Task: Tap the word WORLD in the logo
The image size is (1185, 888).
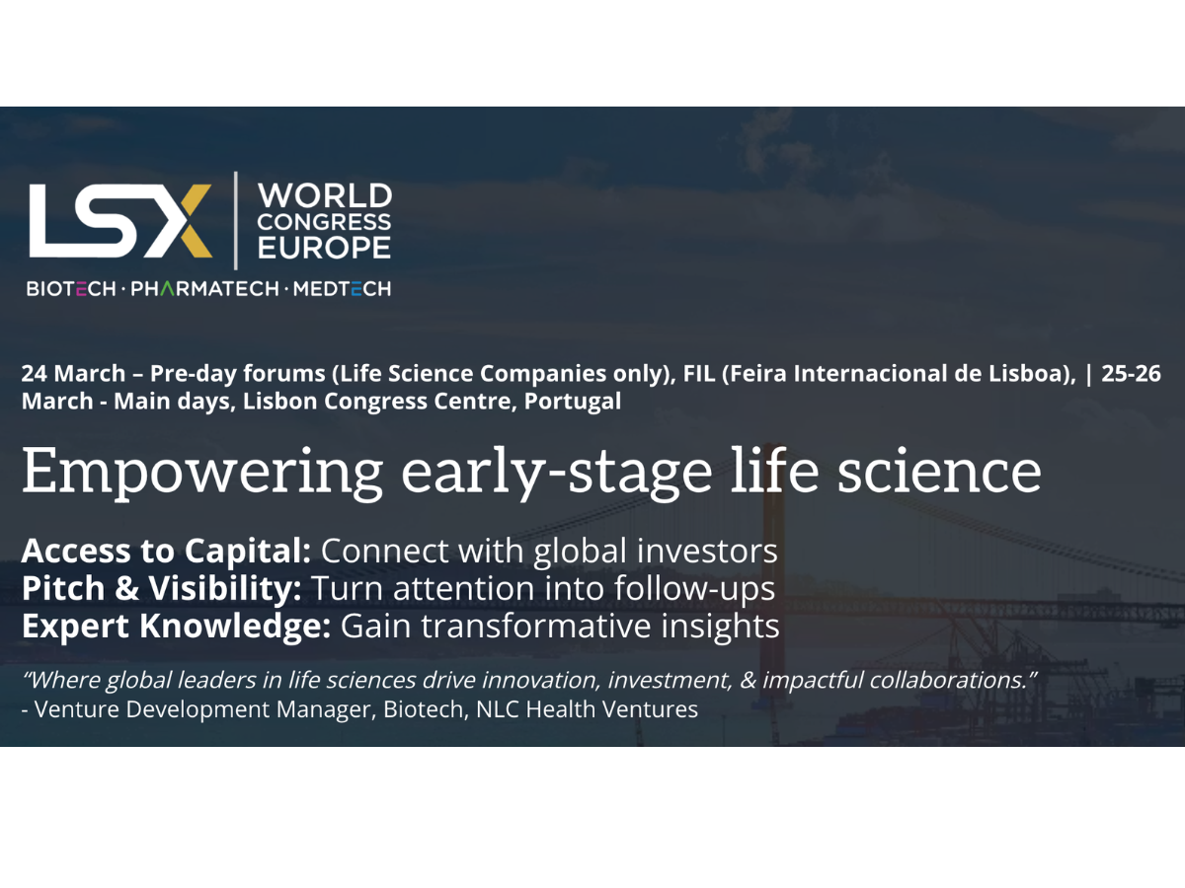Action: [x=324, y=194]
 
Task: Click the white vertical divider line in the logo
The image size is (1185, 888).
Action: [x=235, y=220]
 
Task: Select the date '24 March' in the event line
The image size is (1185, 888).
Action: [x=73, y=375]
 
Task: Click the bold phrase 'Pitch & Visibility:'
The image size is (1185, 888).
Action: [x=161, y=589]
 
